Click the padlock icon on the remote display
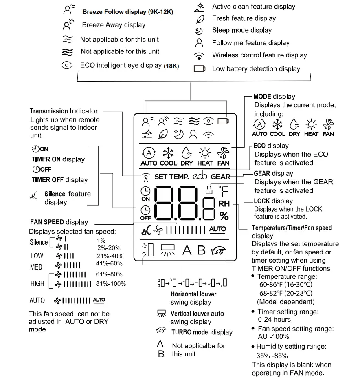[209, 189]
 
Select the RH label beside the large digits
[224, 203]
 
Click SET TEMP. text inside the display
[171, 177]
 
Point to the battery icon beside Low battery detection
[200, 69]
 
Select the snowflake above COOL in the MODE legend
[277, 124]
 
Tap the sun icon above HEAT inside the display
[205, 153]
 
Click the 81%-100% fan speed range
[111, 284]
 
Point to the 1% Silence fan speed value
[101, 241]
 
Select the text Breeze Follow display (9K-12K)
[127, 12]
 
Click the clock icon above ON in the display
[145, 190]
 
